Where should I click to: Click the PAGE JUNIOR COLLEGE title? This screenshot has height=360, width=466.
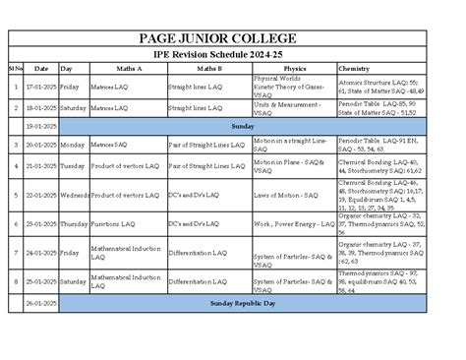pos(233,36)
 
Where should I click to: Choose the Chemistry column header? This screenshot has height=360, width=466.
pos(353,69)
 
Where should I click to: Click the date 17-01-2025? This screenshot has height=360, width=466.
pos(40,87)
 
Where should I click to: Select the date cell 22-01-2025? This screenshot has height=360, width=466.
pos(40,195)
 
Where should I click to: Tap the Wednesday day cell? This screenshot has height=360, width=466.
pos(74,195)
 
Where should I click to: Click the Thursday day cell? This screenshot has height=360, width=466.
pos(74,224)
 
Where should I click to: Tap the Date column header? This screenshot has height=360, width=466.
pos(40,69)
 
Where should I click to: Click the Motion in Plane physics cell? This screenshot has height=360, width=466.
pos(288,166)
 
